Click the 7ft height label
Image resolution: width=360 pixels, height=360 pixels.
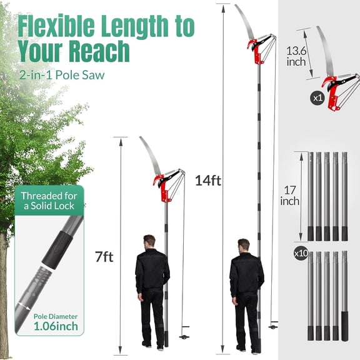pyautogui.click(x=104, y=257)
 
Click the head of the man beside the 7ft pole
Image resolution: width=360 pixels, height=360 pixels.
pyautogui.click(x=149, y=241)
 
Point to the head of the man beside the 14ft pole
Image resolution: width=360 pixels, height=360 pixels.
pyautogui.click(x=244, y=244)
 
